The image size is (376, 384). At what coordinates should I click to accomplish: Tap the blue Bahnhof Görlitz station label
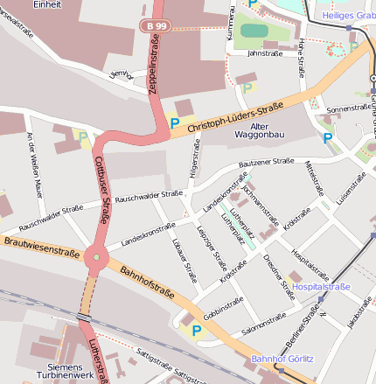pyautogui.click(x=282, y=359)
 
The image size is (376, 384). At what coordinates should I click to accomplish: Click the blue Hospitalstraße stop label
pyautogui.click(x=321, y=287)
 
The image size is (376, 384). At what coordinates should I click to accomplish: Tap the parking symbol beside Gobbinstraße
pyautogui.click(x=197, y=331)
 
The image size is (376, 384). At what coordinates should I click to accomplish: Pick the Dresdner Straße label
pyautogui.click(x=279, y=279)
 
